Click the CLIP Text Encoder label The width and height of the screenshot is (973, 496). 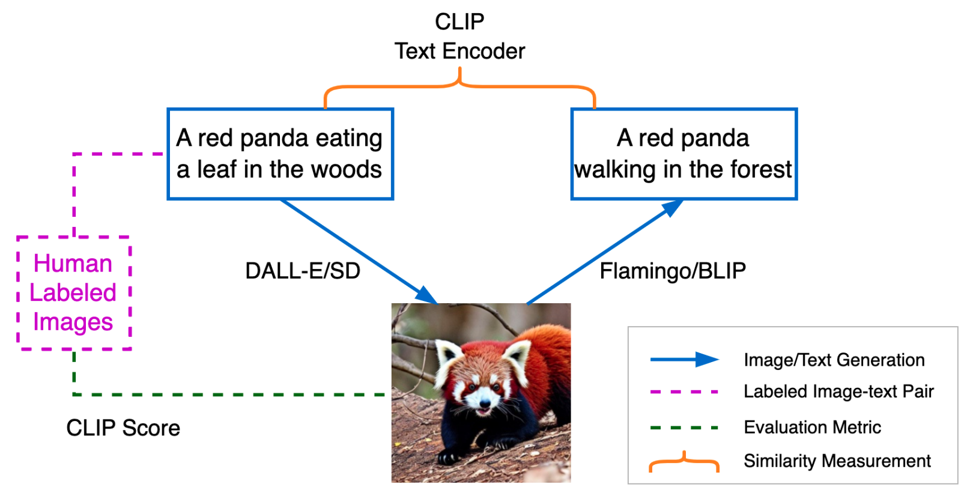point(459,37)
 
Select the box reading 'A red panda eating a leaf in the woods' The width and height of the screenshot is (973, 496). point(280,154)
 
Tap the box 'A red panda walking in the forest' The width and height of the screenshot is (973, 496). point(684,154)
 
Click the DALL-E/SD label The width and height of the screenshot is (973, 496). point(303,271)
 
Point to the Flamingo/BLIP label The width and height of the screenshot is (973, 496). point(673,271)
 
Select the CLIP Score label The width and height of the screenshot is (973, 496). point(123,428)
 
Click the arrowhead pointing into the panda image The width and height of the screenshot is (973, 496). point(427,296)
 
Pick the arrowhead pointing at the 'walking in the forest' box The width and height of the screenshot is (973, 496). point(672,207)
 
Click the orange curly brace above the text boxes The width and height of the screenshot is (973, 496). point(459,86)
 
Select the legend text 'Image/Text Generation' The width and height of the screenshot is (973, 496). point(834,360)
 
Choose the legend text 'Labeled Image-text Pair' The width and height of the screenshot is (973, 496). point(838,392)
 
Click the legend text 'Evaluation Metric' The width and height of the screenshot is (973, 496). point(812,428)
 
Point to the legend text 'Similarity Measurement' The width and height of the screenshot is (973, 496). point(837,461)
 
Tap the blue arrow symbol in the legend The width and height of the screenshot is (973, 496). point(684,360)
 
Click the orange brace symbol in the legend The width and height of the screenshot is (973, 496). point(684,461)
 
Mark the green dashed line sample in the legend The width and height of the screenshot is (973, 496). point(684,428)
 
